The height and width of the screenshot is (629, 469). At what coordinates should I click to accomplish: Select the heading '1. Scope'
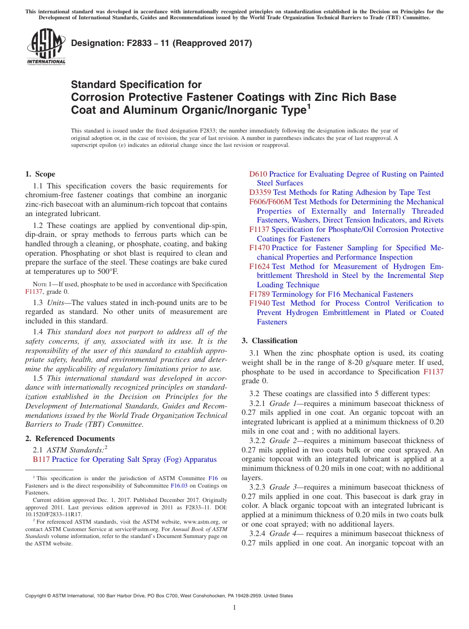[x=40, y=174]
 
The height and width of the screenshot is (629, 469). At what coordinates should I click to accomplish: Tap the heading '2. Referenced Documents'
[x=70, y=439]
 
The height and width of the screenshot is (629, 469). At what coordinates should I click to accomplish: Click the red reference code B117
[x=41, y=459]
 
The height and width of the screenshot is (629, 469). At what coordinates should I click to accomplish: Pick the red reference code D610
[x=258, y=174]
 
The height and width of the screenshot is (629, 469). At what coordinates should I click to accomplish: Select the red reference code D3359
[x=260, y=192]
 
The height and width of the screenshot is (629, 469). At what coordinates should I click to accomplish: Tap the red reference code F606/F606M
[x=271, y=202]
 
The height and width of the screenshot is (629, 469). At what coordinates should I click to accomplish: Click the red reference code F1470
[x=260, y=248]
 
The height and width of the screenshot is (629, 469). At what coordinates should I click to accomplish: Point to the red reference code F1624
[x=260, y=266]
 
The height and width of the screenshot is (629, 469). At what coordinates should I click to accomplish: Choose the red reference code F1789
[x=260, y=294]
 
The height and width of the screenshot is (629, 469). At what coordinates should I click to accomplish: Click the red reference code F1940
[x=260, y=303]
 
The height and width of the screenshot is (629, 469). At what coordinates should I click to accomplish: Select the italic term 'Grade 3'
[x=280, y=487]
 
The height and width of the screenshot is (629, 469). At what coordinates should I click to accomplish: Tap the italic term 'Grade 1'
[x=280, y=404]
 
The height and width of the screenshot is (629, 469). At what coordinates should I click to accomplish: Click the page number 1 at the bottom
[x=234, y=608]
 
